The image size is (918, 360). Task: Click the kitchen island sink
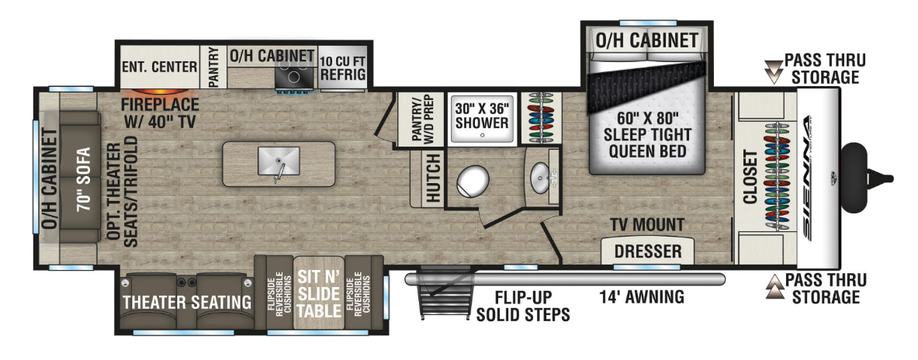[278, 161]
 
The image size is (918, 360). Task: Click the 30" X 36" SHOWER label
[483, 116]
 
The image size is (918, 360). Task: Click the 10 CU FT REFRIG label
[342, 67]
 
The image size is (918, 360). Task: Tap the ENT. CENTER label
[160, 67]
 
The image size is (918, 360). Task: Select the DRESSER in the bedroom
[647, 251]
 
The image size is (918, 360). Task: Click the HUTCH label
[434, 178]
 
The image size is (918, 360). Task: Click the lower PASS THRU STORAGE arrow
[774, 287]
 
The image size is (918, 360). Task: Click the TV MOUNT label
[646, 225]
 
